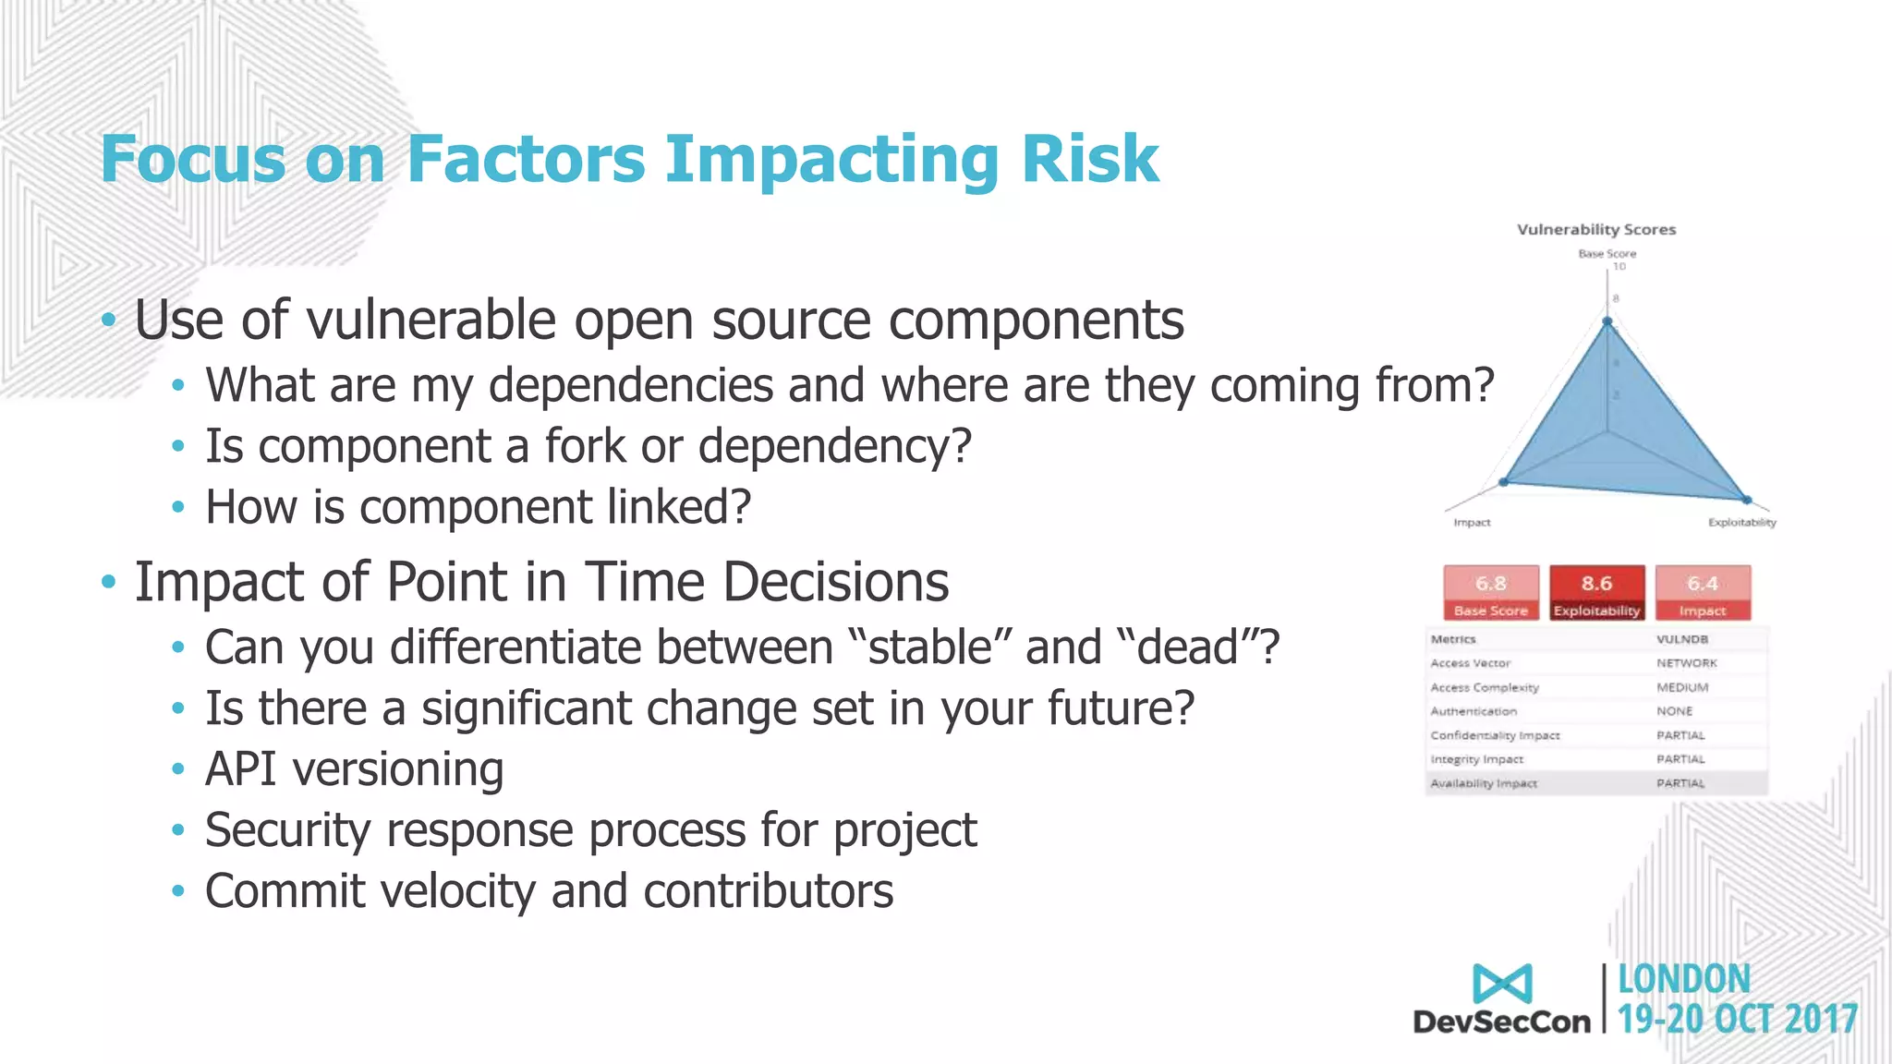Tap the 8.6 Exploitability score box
[1596, 592]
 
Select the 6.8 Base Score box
[1491, 592]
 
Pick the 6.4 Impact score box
[1702, 592]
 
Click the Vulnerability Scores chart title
[1595, 229]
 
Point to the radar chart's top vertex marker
[1607, 321]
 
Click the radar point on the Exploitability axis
[1746, 500]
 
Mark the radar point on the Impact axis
[1504, 482]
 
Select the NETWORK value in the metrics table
[1686, 663]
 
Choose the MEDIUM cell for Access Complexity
[1681, 687]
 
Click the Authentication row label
[1474, 711]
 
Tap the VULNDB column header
[1681, 639]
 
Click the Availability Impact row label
[1484, 783]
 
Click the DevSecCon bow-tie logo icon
[1502, 984]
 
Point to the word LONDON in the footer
[1683, 980]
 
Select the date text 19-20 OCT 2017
[1737, 1020]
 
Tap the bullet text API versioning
[354, 768]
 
